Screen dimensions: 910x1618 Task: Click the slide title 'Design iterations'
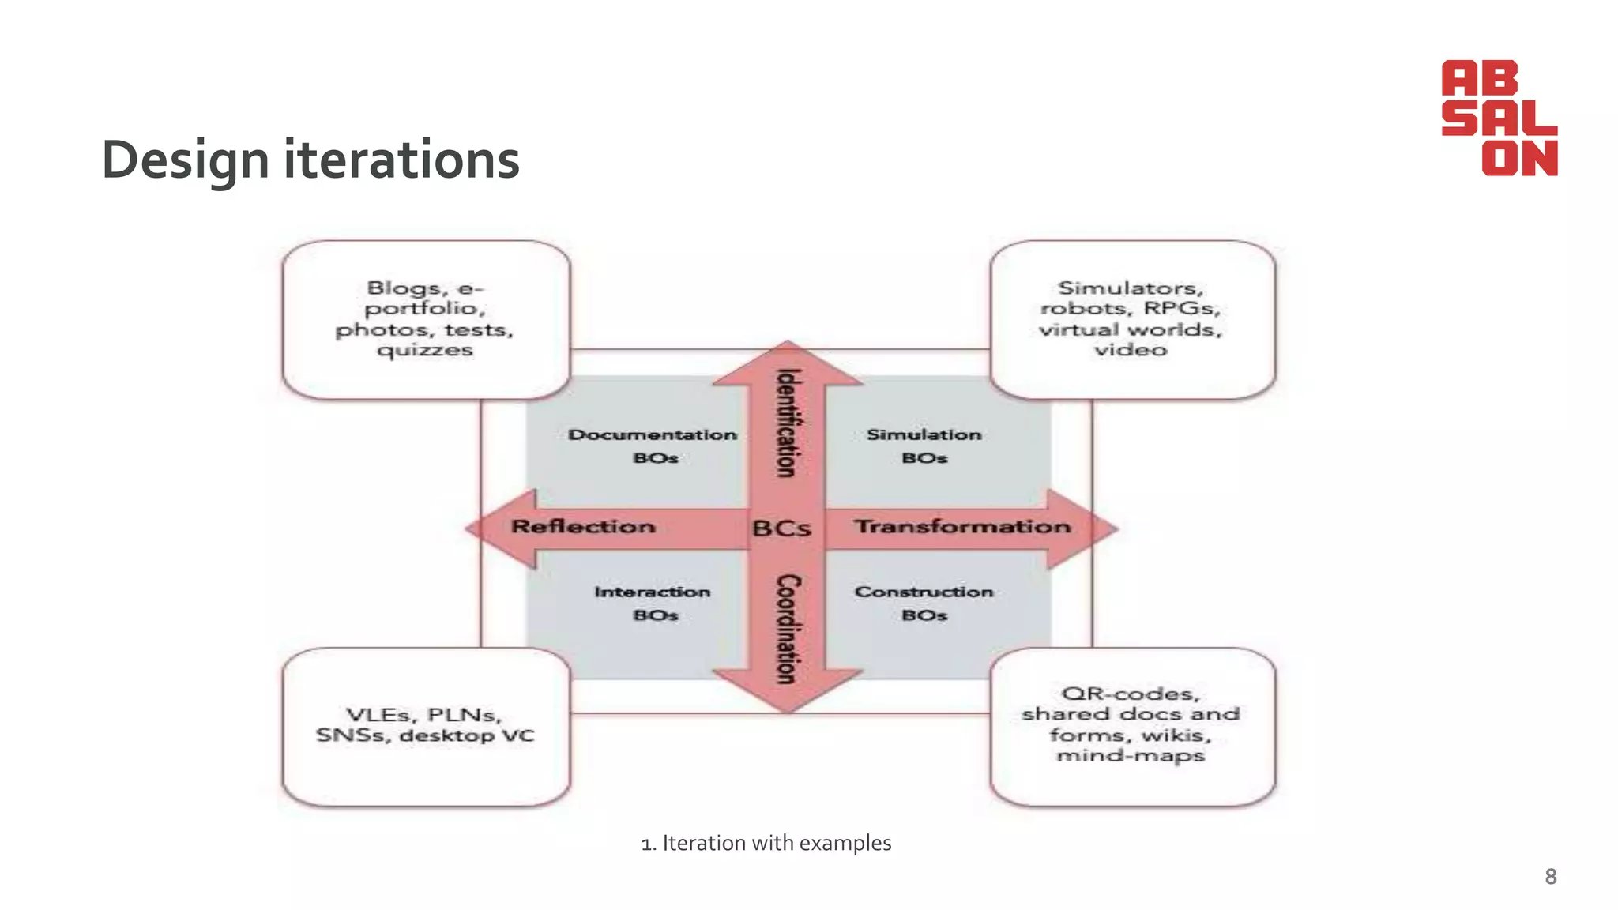pyautogui.click(x=310, y=160)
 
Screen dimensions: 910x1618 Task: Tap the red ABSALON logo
pyautogui.click(x=1499, y=118)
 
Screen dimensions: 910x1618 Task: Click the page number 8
pyautogui.click(x=1550, y=877)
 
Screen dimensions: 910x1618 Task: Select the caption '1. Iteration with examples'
pyautogui.click(x=766, y=844)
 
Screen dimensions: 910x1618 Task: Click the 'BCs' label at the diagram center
pyautogui.click(x=781, y=528)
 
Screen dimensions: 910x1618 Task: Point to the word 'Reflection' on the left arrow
pyautogui.click(x=583, y=527)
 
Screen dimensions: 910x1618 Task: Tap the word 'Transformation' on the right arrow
pyautogui.click(x=962, y=527)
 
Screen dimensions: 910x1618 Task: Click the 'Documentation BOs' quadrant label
pyautogui.click(x=653, y=446)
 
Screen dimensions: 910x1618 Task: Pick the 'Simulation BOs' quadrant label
pyautogui.click(x=924, y=446)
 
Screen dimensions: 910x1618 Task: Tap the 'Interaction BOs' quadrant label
pyautogui.click(x=653, y=603)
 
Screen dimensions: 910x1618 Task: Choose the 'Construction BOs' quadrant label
pyautogui.click(x=924, y=603)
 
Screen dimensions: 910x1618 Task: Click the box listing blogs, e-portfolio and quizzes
pyautogui.click(x=426, y=319)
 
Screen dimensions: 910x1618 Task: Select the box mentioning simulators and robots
pyautogui.click(x=1131, y=319)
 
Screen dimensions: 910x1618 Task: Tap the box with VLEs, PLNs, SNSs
pyautogui.click(x=426, y=726)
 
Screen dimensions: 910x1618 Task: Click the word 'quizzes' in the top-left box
pyautogui.click(x=425, y=350)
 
